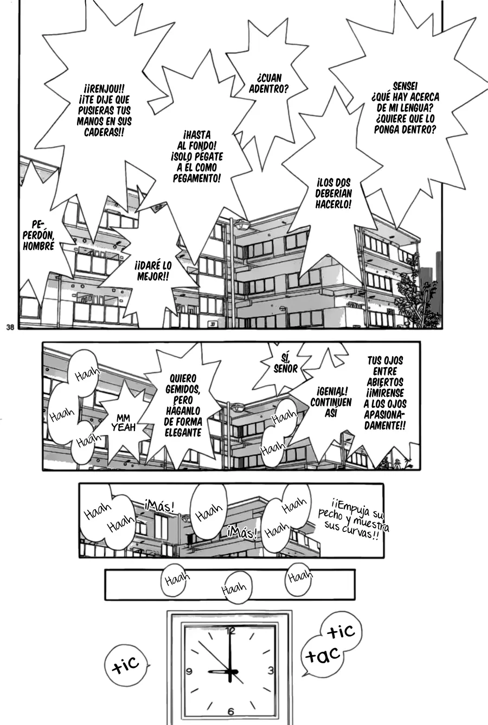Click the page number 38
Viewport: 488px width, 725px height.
(10, 327)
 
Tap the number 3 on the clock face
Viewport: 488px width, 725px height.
(271, 670)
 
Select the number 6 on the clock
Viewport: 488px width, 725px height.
(230, 711)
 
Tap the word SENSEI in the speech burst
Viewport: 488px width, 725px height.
(405, 86)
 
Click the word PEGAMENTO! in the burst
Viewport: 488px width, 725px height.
(197, 178)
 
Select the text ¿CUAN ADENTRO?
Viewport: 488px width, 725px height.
(268, 83)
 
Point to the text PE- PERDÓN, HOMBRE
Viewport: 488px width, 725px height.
(38, 235)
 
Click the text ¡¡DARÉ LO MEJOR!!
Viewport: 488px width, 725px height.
(153, 271)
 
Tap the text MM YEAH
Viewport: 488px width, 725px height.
(123, 423)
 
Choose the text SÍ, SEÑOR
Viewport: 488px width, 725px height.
(285, 363)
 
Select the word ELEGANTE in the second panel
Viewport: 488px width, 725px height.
(183, 433)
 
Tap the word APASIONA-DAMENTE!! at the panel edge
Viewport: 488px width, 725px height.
(385, 420)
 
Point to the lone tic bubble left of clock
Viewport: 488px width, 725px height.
(126, 665)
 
